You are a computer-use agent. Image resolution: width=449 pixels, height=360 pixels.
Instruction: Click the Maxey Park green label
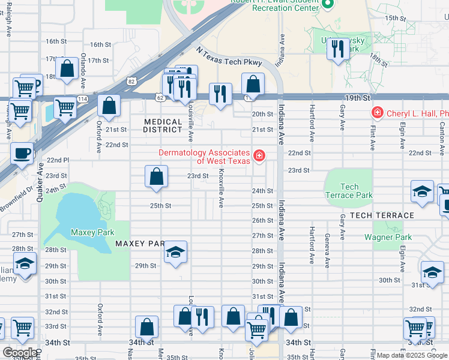click(x=92, y=232)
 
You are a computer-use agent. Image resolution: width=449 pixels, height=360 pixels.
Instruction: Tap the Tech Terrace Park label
click(x=348, y=191)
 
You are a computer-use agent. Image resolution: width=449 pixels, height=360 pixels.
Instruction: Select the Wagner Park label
click(x=388, y=237)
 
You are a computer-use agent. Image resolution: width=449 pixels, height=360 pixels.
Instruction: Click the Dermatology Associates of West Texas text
click(x=203, y=157)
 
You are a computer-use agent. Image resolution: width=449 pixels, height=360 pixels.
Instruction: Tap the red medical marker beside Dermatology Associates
click(x=259, y=156)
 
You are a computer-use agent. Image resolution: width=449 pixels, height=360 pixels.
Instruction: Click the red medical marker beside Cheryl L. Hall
click(x=377, y=112)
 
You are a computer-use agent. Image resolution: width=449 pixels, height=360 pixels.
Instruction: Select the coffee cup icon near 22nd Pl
click(x=22, y=154)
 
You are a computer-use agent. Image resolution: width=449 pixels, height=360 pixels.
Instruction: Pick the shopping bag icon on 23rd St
click(x=156, y=177)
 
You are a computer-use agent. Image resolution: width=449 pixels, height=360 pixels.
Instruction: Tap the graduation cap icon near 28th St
click(x=176, y=252)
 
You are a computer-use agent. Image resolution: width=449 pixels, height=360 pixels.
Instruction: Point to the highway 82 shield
click(x=131, y=80)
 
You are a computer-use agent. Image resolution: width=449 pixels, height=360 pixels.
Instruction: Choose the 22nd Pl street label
click(x=58, y=160)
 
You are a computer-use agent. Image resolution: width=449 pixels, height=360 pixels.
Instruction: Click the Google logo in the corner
click(x=20, y=353)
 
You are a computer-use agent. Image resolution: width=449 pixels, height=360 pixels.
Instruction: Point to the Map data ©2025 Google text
click(x=411, y=355)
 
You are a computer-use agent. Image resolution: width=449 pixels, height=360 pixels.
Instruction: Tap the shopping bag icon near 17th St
click(x=67, y=68)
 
